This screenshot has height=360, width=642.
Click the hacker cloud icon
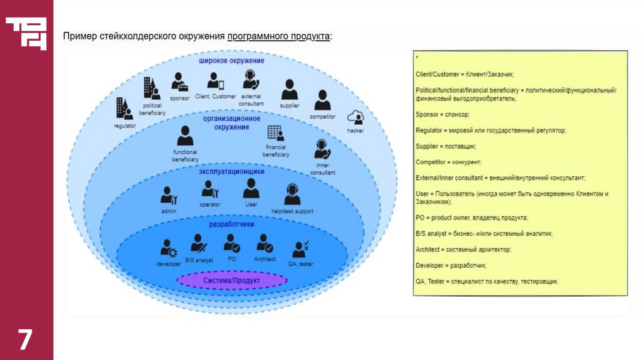click(x=356, y=117)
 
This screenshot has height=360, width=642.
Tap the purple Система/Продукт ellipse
click(x=231, y=280)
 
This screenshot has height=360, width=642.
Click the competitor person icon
click(x=322, y=100)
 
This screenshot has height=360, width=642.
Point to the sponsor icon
click(x=179, y=82)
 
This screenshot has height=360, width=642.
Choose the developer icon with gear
click(x=169, y=248)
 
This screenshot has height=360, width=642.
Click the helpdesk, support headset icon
click(x=292, y=194)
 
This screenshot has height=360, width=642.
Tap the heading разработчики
click(x=231, y=224)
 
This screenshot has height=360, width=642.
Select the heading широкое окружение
click(x=231, y=61)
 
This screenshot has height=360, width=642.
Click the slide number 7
click(x=24, y=339)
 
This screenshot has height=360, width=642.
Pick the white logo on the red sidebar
click(x=26, y=33)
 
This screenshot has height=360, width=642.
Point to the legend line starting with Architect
click(x=463, y=249)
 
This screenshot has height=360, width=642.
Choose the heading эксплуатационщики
click(x=231, y=171)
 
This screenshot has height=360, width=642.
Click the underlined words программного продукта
click(x=278, y=36)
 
